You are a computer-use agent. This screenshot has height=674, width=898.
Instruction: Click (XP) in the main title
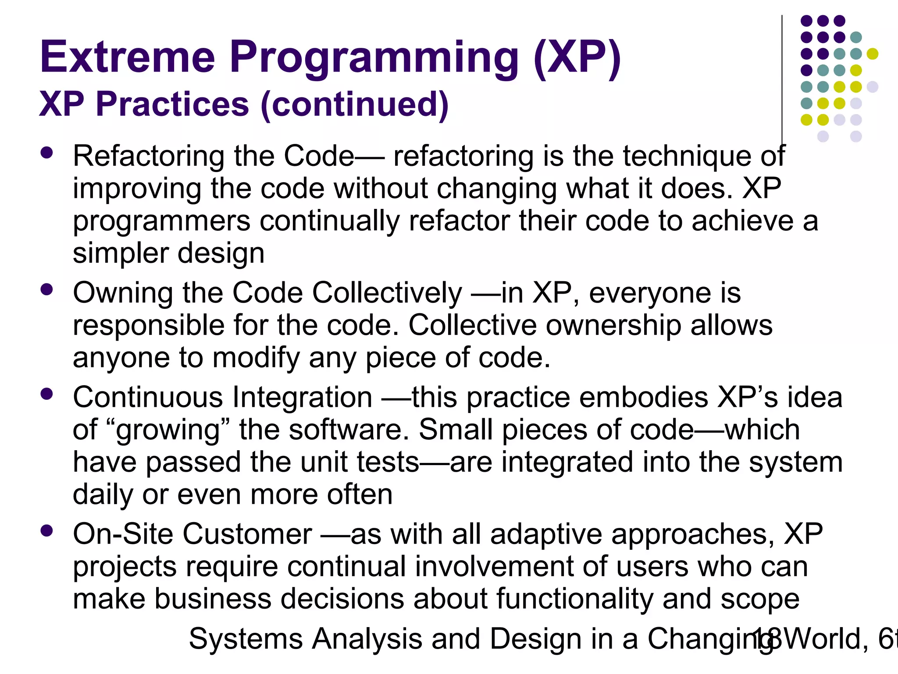pos(577,58)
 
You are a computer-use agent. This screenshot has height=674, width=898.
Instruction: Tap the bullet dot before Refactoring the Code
pos(46,153)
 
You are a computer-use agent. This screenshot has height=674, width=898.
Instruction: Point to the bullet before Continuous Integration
pos(46,394)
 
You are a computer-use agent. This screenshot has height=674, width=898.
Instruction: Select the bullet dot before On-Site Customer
pos(46,531)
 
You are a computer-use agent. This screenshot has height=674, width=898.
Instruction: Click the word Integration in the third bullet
pos(302,398)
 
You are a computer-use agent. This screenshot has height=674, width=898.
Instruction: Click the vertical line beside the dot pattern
pos(782,79)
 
